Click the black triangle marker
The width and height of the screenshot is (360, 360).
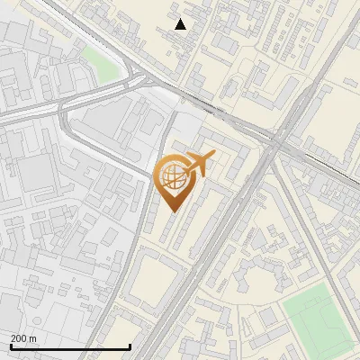(181, 24)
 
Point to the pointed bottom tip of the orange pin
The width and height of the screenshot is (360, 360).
(171, 211)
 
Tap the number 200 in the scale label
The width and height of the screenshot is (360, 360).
(20, 338)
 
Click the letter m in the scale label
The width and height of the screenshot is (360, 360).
(33, 338)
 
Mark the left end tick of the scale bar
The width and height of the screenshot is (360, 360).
(11, 345)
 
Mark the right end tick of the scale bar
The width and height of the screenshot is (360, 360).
(130, 345)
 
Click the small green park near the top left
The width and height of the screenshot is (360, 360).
(101, 63)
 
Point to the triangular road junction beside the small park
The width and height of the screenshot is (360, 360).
(135, 79)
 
